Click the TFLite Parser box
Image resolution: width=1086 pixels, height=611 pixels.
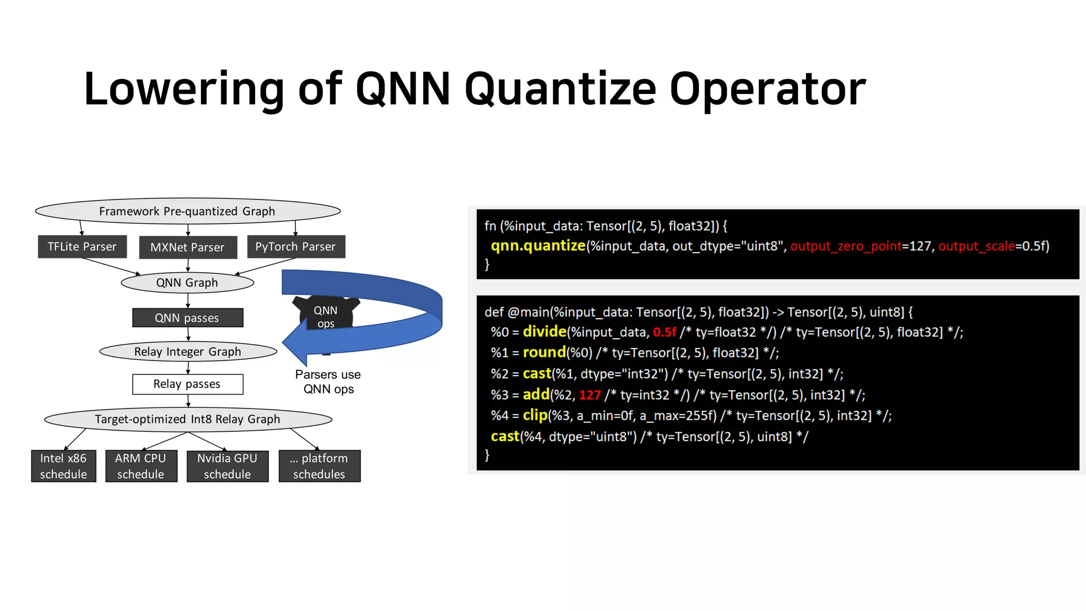point(82,247)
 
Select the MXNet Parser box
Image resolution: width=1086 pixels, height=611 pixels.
point(188,247)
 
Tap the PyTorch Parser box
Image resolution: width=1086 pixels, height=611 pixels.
point(296,247)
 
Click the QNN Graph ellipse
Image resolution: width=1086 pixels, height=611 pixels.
point(187,283)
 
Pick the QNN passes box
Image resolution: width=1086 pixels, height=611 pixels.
point(188,318)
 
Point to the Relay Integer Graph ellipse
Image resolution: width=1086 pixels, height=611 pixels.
point(188,352)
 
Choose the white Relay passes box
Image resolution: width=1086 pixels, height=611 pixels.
point(188,384)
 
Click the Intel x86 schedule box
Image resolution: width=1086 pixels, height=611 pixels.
point(64,466)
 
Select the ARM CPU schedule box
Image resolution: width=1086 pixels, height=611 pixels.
point(141,466)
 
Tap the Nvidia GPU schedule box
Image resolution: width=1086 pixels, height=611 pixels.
point(227,466)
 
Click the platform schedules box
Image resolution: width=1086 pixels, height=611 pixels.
point(319,466)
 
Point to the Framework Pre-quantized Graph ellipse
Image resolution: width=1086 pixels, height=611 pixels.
point(188,211)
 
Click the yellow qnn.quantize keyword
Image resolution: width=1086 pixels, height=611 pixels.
point(538,246)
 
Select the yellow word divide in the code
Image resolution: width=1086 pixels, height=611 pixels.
point(544,332)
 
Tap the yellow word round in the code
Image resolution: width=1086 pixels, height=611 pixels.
point(544,353)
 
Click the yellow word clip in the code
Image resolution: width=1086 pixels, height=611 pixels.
point(535,415)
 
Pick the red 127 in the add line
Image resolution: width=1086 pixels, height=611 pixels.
point(590,395)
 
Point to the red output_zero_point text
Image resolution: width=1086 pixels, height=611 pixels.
point(846,246)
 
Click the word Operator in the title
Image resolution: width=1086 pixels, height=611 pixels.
point(767,89)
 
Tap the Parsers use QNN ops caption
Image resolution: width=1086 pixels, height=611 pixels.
point(328,382)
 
